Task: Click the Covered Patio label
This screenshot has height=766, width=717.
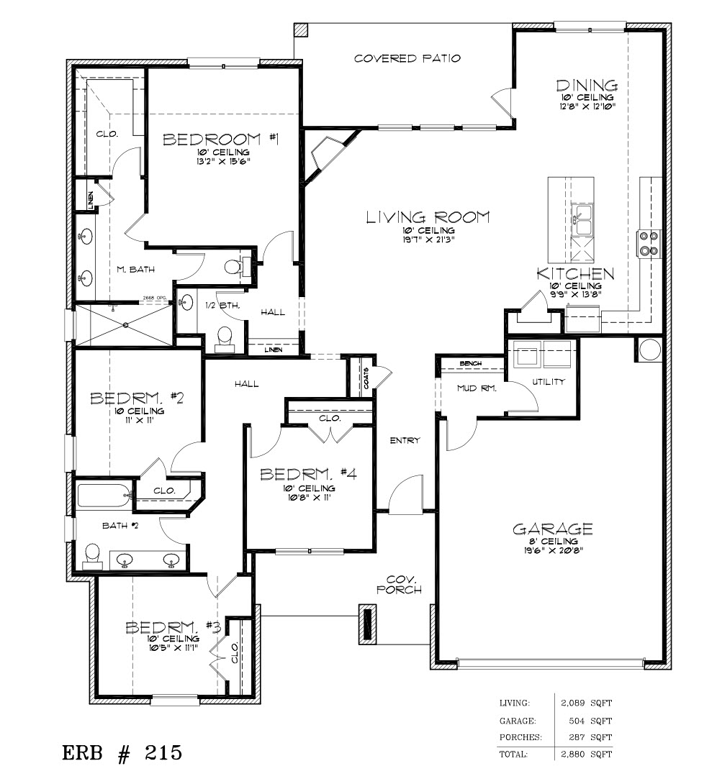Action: (x=407, y=58)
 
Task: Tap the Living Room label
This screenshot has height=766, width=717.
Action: (x=428, y=217)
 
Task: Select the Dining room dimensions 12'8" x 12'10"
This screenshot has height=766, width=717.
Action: (x=587, y=105)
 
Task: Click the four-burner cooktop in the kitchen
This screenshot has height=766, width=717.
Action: (x=649, y=243)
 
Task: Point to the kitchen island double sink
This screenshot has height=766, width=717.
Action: (x=583, y=220)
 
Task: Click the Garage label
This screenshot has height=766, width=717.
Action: (x=553, y=529)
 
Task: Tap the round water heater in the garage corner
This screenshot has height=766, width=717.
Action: (x=650, y=349)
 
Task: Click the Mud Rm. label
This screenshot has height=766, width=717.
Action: (x=477, y=388)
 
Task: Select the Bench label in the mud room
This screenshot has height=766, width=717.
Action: (x=471, y=363)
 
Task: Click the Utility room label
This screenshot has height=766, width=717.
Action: (x=549, y=381)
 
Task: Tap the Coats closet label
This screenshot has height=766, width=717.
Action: (x=366, y=378)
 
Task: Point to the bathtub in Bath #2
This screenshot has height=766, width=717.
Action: (x=104, y=496)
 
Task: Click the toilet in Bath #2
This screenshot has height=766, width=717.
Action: (x=92, y=557)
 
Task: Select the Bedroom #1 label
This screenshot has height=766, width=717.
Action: (x=220, y=140)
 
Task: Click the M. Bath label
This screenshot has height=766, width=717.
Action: (x=135, y=269)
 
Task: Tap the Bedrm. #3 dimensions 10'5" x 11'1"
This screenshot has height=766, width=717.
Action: (x=173, y=648)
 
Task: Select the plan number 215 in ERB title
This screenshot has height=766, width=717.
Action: (x=163, y=752)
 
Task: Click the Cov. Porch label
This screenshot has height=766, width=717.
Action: (x=399, y=585)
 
